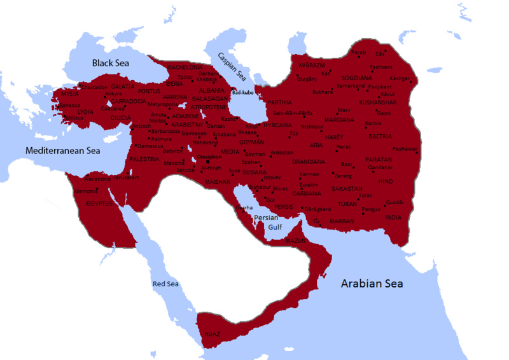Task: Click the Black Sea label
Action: point(111,63)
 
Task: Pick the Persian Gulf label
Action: point(266,222)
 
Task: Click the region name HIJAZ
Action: point(212,333)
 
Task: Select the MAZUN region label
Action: point(296,241)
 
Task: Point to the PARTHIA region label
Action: point(279,102)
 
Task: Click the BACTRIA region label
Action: point(380,135)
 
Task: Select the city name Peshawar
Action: point(406,149)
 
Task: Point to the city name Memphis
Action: point(86,190)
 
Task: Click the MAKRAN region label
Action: point(342,221)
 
